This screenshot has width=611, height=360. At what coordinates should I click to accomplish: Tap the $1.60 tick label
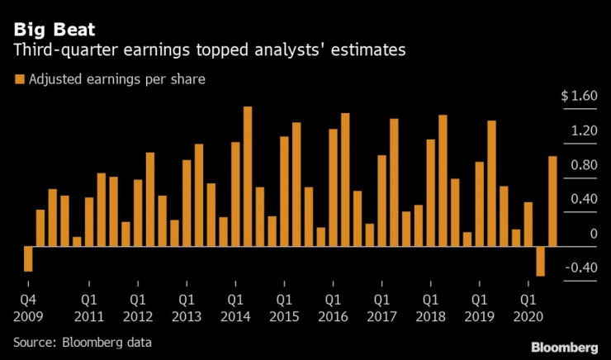578,97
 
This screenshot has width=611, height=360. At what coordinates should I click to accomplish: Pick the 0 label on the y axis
593,234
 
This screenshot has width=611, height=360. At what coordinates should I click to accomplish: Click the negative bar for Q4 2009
28,258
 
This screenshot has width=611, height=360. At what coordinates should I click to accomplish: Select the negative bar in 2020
541,261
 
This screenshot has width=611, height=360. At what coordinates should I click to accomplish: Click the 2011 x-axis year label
89,316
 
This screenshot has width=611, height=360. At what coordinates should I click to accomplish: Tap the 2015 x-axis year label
283,316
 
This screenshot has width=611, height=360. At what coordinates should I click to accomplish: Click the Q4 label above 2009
29,300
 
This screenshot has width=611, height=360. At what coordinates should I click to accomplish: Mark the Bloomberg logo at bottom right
564,345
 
